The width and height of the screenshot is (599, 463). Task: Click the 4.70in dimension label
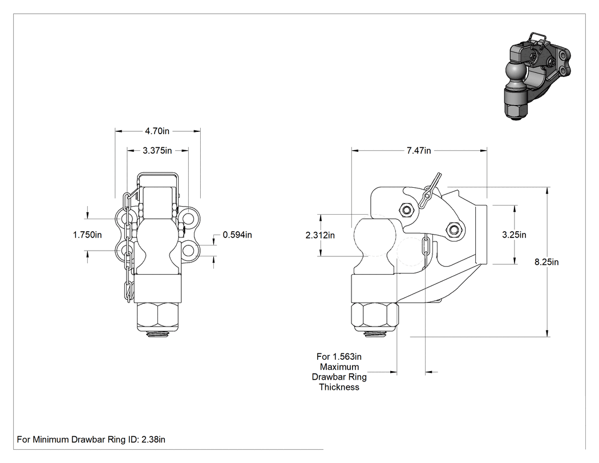pyautogui.click(x=157, y=131)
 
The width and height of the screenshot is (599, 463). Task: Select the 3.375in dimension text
pyautogui.click(x=157, y=151)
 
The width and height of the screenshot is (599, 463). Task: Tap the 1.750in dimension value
pyautogui.click(x=87, y=235)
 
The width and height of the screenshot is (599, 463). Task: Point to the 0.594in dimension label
pyautogui.click(x=237, y=235)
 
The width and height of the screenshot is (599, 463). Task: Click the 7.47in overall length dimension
pyautogui.click(x=419, y=151)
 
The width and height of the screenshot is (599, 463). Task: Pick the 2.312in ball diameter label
pyautogui.click(x=320, y=235)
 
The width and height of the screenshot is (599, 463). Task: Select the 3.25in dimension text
pyautogui.click(x=514, y=235)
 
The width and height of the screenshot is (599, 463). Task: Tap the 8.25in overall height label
pyautogui.click(x=547, y=262)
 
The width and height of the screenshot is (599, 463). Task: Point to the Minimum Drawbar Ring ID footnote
pyautogui.click(x=91, y=439)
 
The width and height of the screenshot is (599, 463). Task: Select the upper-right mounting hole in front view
pyautogui.click(x=189, y=218)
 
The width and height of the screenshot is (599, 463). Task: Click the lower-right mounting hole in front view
pyautogui.click(x=189, y=251)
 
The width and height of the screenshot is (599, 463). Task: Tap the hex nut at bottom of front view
pyautogui.click(x=157, y=317)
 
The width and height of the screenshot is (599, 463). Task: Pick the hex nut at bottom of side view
pyautogui.click(x=375, y=317)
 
